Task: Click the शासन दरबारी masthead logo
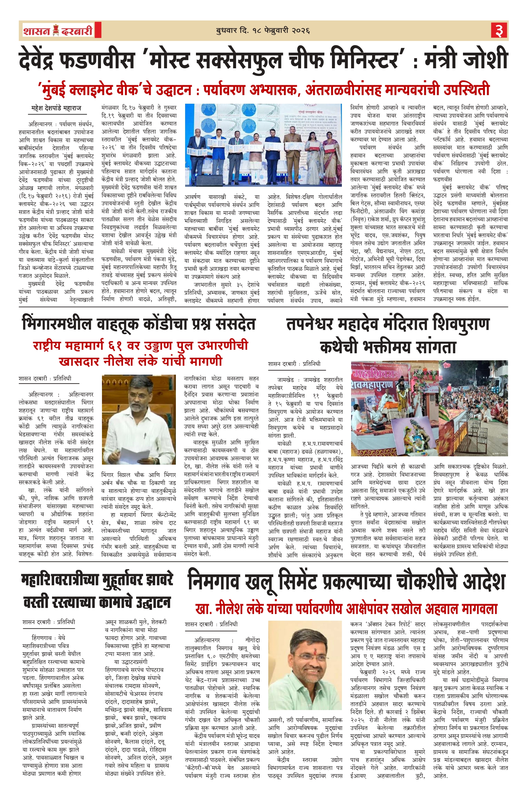coord(58,31)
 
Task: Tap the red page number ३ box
coord(499,31)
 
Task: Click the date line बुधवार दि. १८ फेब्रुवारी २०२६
coord(263,31)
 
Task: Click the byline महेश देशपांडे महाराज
coord(56,109)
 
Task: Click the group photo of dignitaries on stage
coord(263,145)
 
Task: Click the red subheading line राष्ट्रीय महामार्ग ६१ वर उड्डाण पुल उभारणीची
coord(141,346)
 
